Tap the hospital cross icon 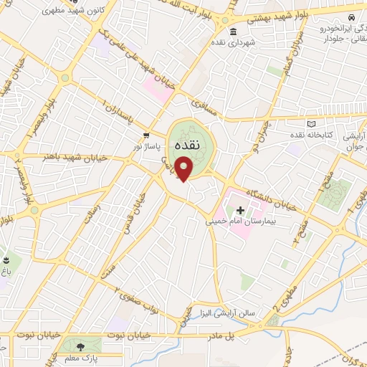pyautogui.click(x=240, y=210)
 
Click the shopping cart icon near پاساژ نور pyautogui.click(x=146, y=135)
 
